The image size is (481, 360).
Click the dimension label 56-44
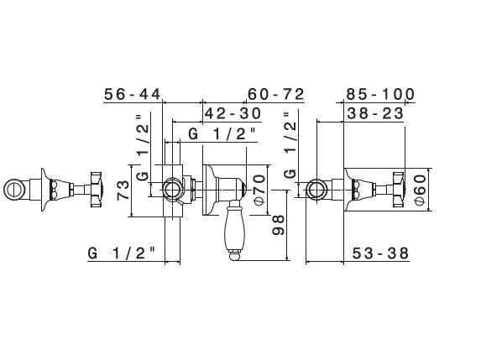pos(133,94)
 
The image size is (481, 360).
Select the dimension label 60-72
pos(276,94)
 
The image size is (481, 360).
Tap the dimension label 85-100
pos(380,94)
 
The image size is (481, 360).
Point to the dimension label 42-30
pos(233,113)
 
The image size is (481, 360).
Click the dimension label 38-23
pos(375,113)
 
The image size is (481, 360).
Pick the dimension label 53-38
pos(380,253)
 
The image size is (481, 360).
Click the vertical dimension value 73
pos(123,190)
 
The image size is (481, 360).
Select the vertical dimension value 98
pos(279,225)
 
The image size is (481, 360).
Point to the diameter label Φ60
pos(420,189)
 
